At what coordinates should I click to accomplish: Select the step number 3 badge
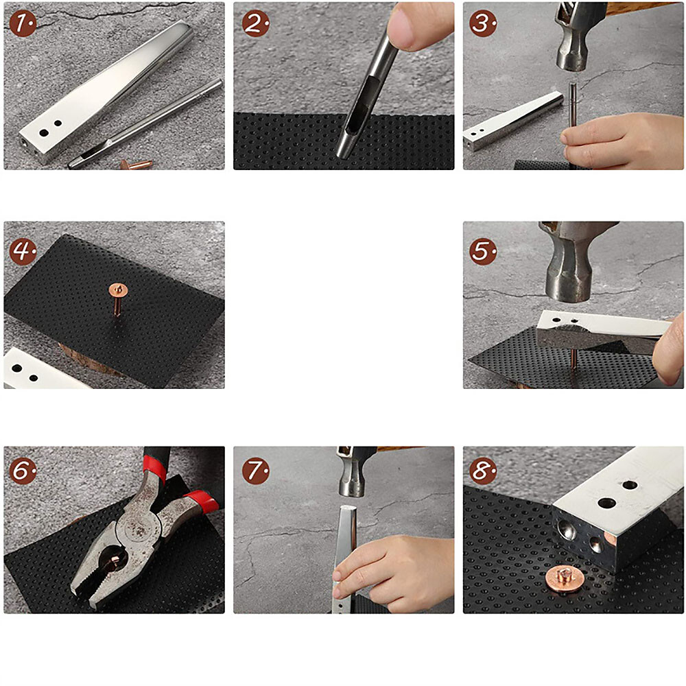[483, 23]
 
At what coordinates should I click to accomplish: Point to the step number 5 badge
[483, 250]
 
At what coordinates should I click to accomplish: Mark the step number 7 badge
[255, 471]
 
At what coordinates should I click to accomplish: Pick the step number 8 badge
[483, 471]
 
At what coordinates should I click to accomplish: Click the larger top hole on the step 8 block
[606, 503]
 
